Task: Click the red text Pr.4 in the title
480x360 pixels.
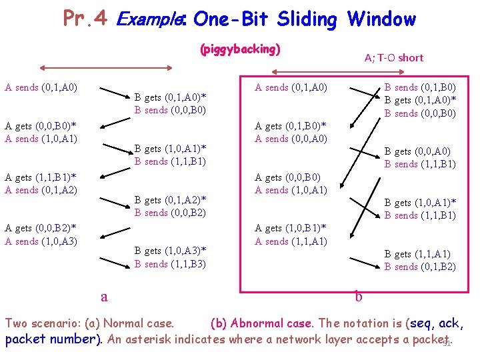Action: point(85,18)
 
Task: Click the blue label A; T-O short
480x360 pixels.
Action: point(393,57)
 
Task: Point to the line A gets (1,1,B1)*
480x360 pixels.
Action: point(40,177)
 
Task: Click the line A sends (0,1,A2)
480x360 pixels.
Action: point(41,190)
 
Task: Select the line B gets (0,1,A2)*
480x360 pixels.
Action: point(170,200)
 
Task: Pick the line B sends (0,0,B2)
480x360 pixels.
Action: point(170,213)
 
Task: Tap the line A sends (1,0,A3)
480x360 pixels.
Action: point(41,241)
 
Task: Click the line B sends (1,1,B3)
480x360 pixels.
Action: point(170,264)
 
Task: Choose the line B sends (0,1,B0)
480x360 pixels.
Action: point(420,87)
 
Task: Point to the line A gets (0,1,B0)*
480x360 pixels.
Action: point(291,126)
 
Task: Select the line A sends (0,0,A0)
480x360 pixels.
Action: point(291,139)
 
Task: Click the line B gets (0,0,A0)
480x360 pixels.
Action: point(417,152)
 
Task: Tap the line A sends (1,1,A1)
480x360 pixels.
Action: point(291,241)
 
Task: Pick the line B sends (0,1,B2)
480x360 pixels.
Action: point(420,267)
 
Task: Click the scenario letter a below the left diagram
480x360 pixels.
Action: point(103,297)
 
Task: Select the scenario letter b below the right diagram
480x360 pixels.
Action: point(359,297)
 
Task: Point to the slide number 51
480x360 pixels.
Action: point(447,343)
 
